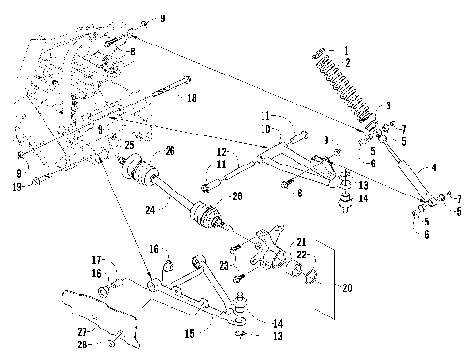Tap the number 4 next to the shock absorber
433,167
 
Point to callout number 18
191,98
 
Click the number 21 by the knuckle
301,240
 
